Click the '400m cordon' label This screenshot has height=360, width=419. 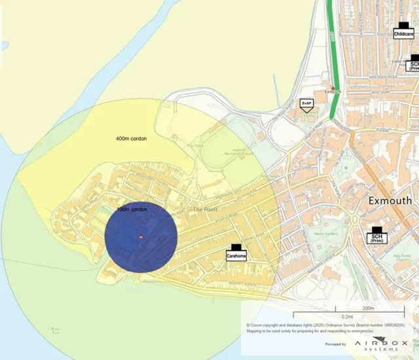131,139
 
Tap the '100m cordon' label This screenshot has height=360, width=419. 132,209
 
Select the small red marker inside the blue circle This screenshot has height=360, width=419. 141,236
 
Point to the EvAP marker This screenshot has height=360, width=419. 306,105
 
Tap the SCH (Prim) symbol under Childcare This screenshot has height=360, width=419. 412,62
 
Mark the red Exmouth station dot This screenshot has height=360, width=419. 333,88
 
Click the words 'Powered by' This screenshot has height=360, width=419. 335,343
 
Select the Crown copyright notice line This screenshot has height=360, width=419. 325,325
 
